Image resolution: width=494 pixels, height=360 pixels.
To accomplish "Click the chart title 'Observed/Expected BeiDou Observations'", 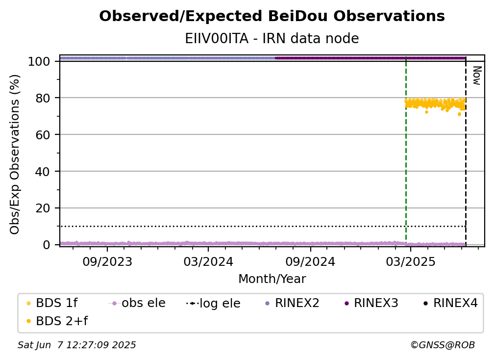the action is (272, 16).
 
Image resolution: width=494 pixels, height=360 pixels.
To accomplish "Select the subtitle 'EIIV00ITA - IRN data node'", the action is (272, 38).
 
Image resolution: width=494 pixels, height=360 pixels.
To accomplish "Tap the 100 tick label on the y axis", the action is (39, 61).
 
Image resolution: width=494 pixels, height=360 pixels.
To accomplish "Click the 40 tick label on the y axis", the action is (43, 172).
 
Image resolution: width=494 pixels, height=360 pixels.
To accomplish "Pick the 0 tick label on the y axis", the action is (47, 245).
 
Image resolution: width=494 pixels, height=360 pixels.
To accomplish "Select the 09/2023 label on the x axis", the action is (107, 261).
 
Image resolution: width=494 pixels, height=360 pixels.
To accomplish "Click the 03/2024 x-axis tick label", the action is (208, 261).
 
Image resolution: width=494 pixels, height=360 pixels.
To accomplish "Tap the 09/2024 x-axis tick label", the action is (310, 261).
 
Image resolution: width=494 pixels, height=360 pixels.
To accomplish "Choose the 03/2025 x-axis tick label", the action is (411, 261).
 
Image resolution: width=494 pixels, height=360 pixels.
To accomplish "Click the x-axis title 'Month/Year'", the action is (272, 279).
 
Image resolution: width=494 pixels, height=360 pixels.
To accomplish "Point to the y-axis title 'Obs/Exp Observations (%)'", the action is (15, 154).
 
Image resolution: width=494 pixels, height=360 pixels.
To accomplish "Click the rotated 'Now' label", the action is (477, 76).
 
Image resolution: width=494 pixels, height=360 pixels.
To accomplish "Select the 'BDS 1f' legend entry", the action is (52, 303).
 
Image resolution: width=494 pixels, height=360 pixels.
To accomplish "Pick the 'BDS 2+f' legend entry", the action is (57, 321).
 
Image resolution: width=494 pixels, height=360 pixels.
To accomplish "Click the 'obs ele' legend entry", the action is (137, 303).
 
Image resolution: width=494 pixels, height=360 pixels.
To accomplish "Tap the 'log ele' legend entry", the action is (213, 303).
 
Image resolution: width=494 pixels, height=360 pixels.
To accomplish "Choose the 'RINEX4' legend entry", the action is (450, 303).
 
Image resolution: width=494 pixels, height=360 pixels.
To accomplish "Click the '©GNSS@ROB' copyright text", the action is (443, 345).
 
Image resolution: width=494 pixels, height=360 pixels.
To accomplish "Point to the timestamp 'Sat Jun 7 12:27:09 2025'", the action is (76, 345).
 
